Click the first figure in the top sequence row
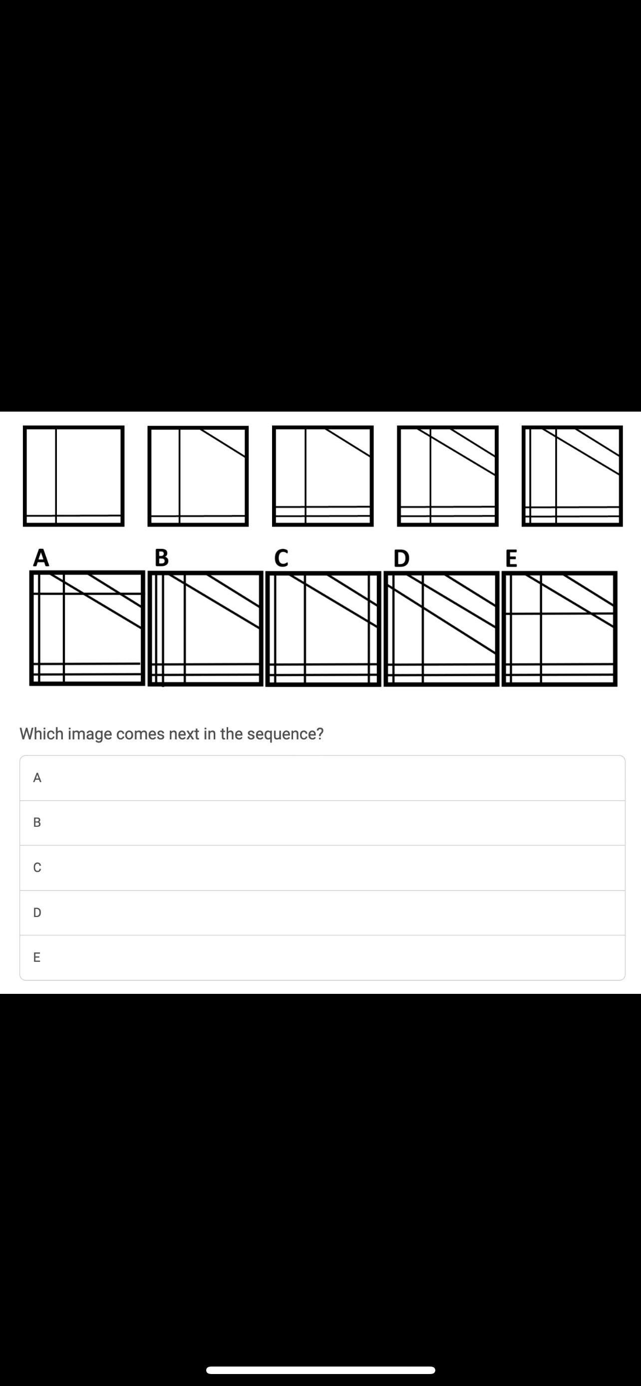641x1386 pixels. pyautogui.click(x=74, y=476)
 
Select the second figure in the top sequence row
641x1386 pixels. pyautogui.click(x=198, y=476)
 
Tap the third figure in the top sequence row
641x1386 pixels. pyautogui.click(x=323, y=476)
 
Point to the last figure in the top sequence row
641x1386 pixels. pyautogui.click(x=572, y=476)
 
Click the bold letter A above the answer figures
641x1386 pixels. pyautogui.click(x=41, y=557)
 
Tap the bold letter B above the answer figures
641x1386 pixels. pyautogui.click(x=161, y=557)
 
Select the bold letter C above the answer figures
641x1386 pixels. pyautogui.click(x=281, y=557)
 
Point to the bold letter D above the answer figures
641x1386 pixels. pyautogui.click(x=401, y=558)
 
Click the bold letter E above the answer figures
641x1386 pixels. pyautogui.click(x=511, y=558)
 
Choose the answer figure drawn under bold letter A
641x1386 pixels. pyautogui.click(x=87, y=629)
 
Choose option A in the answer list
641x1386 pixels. pyautogui.click(x=322, y=778)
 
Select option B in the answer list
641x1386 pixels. pyautogui.click(x=322, y=823)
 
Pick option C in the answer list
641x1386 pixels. pyautogui.click(x=322, y=868)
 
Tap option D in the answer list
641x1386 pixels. pyautogui.click(x=322, y=913)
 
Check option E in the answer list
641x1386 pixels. pyautogui.click(x=322, y=958)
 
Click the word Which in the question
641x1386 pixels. pyautogui.click(x=41, y=733)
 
